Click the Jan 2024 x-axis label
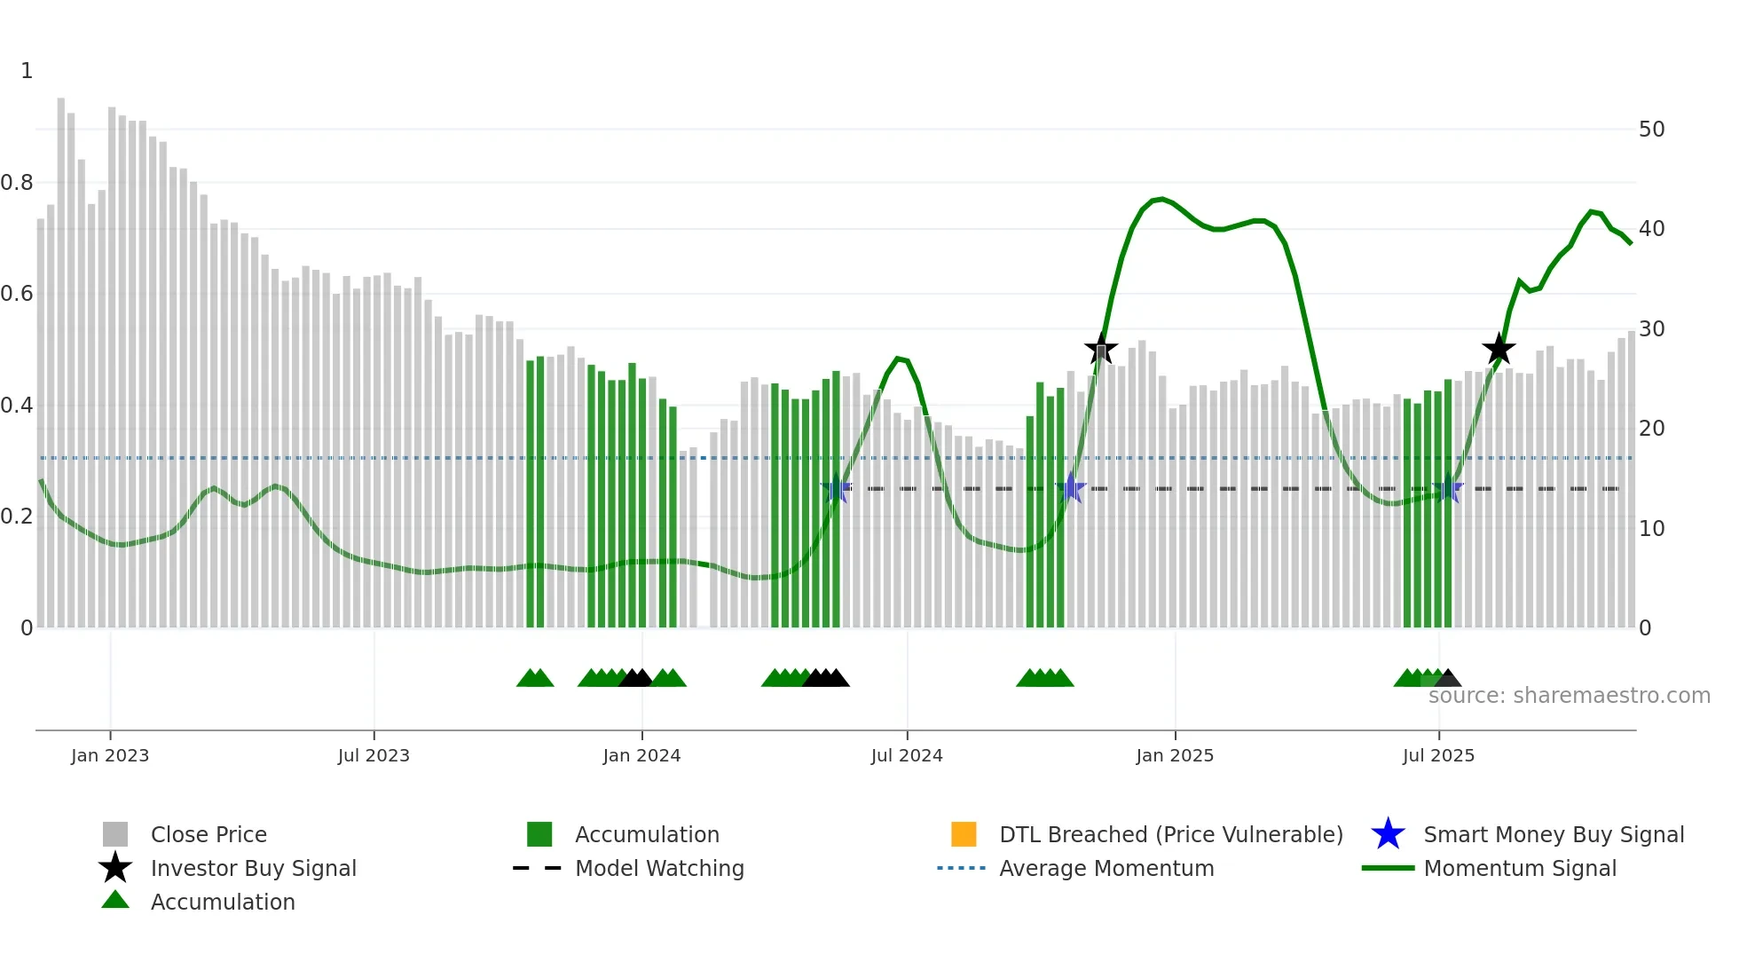(x=641, y=755)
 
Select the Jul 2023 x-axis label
(x=374, y=755)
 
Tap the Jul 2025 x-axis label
(x=1438, y=755)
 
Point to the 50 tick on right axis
(x=1651, y=130)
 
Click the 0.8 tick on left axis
(x=17, y=183)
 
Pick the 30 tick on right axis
(x=1651, y=329)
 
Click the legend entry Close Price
(x=209, y=834)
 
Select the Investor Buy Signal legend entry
(x=253, y=868)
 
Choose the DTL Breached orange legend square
(x=964, y=834)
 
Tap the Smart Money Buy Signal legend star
(x=1388, y=834)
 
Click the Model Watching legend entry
(x=659, y=868)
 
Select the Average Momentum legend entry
(x=1106, y=868)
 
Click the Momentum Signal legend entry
(x=1520, y=868)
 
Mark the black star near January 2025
(x=1101, y=349)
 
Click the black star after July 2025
(x=1499, y=349)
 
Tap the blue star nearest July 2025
(x=1448, y=488)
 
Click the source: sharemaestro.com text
(x=1569, y=696)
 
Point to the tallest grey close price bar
(x=61, y=355)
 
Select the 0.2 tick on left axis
(x=17, y=517)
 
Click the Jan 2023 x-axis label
(x=110, y=755)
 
